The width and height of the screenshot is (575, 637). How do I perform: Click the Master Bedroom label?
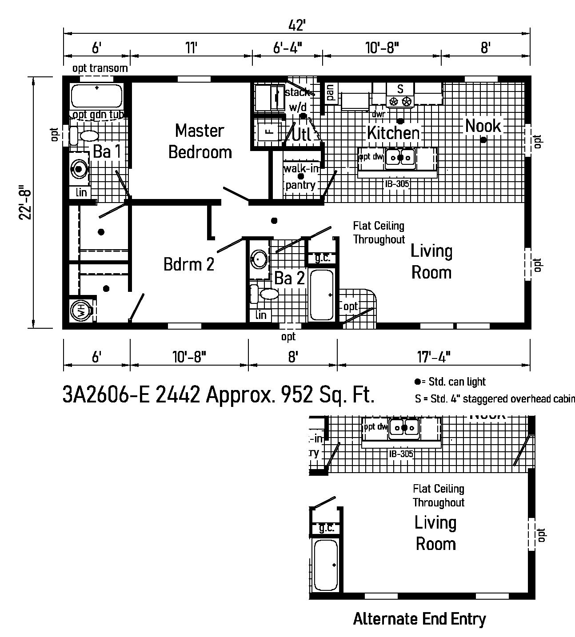coord(200,141)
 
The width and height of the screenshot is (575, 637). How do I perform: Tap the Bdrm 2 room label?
coord(189,264)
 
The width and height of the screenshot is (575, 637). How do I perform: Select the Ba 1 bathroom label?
coord(107,152)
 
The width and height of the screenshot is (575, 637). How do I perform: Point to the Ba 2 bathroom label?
coord(289,279)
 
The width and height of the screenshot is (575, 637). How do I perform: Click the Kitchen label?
coord(393,132)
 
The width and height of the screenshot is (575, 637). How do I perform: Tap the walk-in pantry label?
coord(301,176)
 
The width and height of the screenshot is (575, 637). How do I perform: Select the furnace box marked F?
coord(268,131)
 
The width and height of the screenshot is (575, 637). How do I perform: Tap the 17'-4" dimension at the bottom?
coord(434,357)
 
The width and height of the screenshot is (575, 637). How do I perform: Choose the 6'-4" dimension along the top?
coord(287,48)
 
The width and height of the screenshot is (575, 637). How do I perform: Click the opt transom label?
coord(100,68)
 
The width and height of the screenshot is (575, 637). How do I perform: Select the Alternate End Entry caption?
coord(419,618)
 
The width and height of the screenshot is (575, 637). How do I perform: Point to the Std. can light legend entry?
coord(450,382)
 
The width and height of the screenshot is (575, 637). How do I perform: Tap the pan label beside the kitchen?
coord(330,92)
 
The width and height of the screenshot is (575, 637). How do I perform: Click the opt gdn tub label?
coord(98,115)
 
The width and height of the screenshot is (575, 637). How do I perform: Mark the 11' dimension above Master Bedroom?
coord(191,48)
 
